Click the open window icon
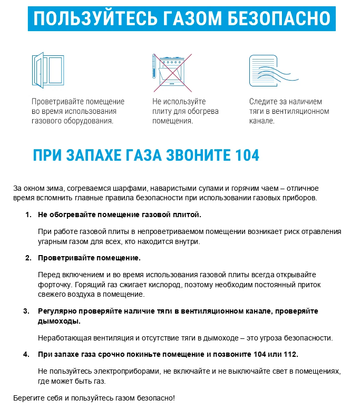pos(47,69)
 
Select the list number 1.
pos(28,215)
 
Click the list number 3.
pos(26,311)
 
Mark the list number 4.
pos(26,354)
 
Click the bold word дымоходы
pos(59,321)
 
